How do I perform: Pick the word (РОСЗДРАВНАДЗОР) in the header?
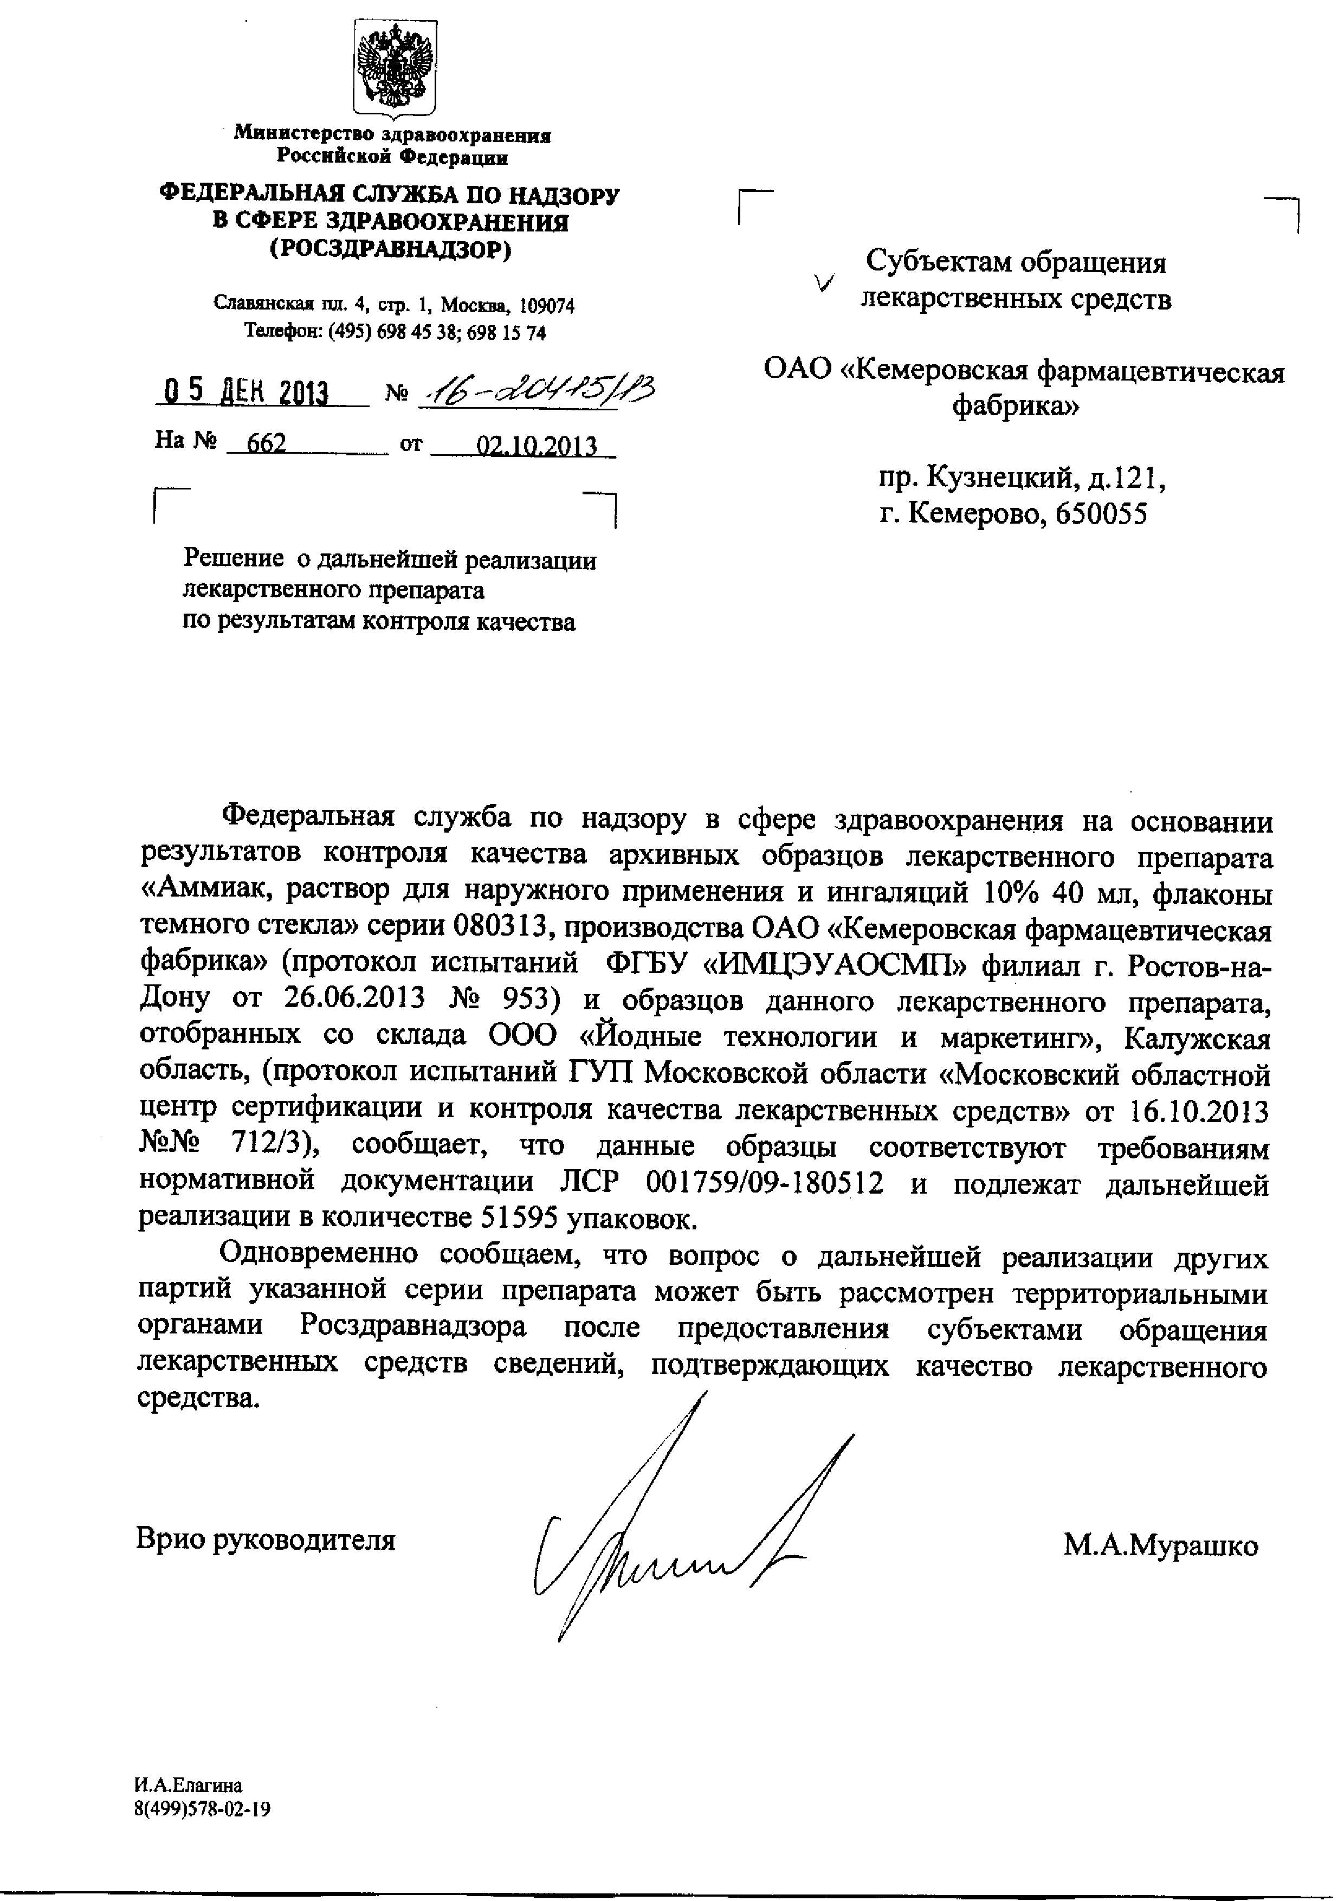(x=391, y=248)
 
